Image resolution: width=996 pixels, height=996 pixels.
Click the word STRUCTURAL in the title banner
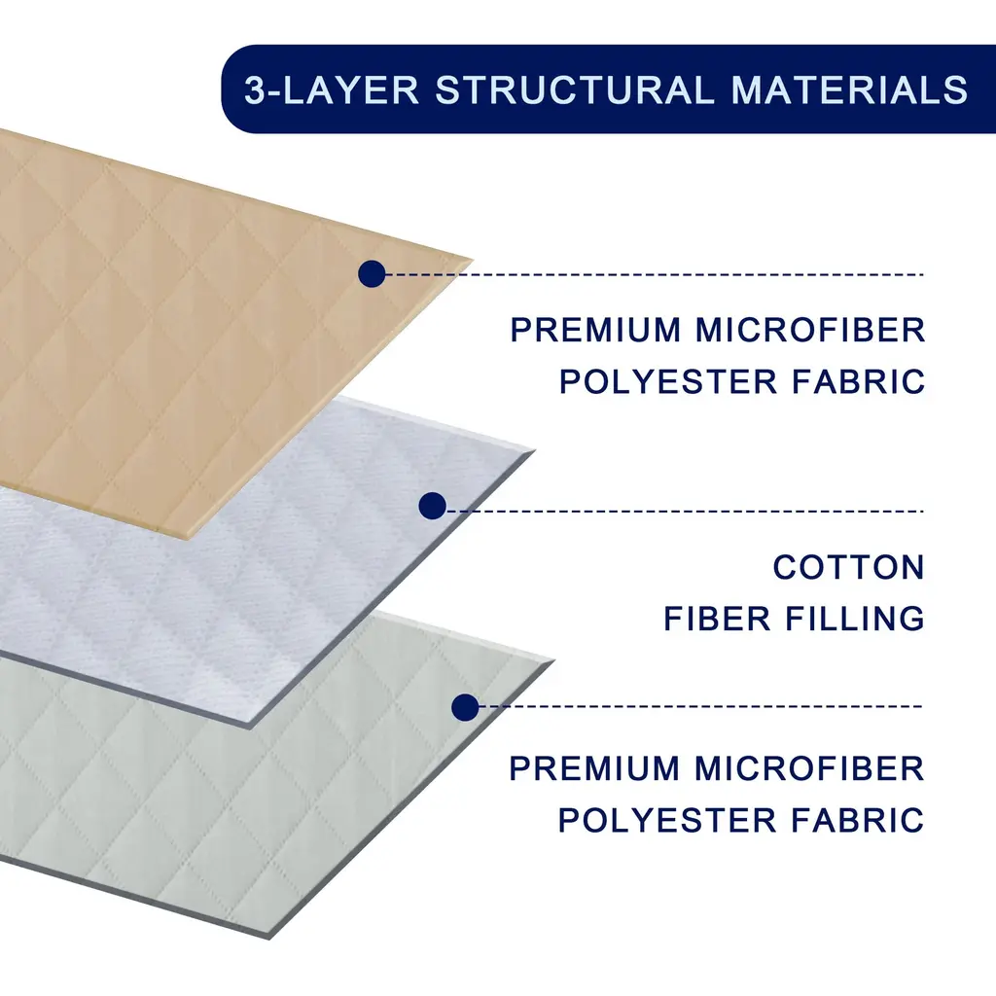[574, 89]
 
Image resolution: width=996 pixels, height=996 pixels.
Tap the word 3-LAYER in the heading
[332, 89]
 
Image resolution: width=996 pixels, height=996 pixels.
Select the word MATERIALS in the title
[849, 89]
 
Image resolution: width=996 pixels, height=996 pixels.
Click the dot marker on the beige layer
[372, 273]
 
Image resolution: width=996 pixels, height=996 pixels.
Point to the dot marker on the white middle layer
[433, 506]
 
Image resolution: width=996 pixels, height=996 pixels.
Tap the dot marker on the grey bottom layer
[465, 707]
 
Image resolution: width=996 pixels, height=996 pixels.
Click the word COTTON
[848, 567]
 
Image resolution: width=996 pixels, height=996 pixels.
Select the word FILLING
[854, 619]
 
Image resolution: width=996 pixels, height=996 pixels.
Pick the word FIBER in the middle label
[717, 619]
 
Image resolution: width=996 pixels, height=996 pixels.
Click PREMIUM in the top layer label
[595, 330]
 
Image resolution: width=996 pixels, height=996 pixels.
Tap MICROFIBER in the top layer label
[810, 330]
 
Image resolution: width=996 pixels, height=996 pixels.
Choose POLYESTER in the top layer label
[667, 381]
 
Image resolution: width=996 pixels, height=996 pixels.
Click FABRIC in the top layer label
[858, 381]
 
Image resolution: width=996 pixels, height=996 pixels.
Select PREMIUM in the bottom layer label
[594, 768]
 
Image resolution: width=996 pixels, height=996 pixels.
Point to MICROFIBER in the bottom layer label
[809, 768]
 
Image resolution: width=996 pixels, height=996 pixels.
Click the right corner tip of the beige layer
[474, 260]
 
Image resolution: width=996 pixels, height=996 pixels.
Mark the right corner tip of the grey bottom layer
[554, 661]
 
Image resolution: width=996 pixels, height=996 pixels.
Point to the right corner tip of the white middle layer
[535, 450]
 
